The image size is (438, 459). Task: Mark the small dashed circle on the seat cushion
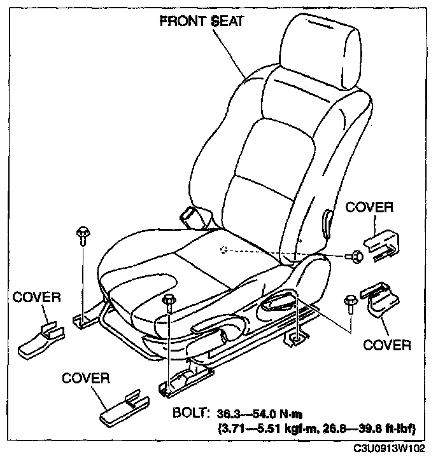[223, 249]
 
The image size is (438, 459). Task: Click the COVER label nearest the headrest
[369, 207]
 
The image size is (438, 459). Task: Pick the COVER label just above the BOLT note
[86, 378]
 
